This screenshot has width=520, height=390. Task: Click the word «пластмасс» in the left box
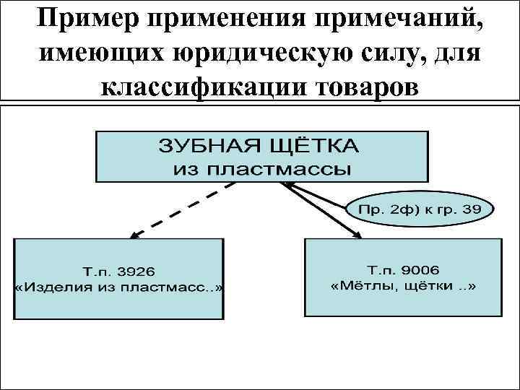click(x=170, y=287)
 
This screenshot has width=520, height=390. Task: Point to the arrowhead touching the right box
click(x=358, y=233)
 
